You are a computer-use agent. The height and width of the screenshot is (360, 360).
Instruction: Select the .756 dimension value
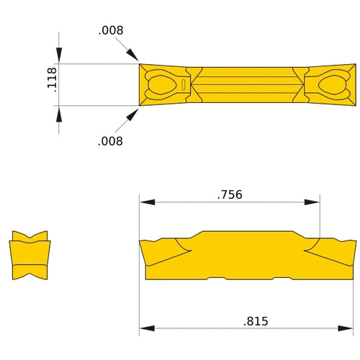[x=229, y=194]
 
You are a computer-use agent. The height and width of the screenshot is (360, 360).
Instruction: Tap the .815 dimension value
[x=255, y=321]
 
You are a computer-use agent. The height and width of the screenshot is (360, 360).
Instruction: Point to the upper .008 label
[x=111, y=30]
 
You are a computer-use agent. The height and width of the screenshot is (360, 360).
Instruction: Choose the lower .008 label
[x=110, y=141]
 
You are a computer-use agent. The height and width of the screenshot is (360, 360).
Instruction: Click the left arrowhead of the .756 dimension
[x=146, y=202]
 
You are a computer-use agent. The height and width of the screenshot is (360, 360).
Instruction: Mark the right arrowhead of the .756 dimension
[x=314, y=202]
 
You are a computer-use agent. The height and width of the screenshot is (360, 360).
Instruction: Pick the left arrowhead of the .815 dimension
[x=146, y=329]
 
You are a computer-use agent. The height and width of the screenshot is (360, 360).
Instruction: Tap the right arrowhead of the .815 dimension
[x=349, y=329]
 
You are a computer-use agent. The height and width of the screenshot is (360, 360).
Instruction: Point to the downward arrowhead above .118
[x=59, y=57]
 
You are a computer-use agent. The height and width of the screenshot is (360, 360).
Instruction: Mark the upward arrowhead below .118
[x=59, y=114]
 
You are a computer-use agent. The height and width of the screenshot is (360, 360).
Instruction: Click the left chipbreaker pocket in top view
[x=163, y=85]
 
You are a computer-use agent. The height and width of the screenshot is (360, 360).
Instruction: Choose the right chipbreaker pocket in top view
[x=330, y=85]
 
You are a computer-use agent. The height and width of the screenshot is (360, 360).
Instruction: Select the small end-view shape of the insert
[x=30, y=256]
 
